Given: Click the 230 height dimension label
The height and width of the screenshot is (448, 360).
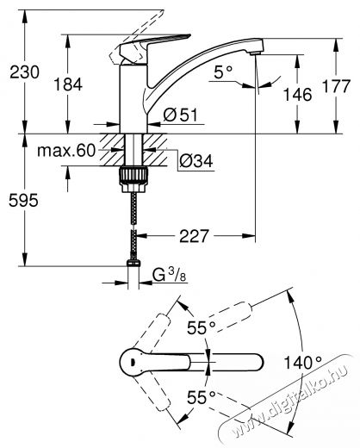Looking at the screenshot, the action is click(24, 72).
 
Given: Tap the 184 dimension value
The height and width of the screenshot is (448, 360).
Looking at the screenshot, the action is click(68, 84).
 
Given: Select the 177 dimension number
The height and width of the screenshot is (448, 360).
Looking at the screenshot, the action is click(336, 86).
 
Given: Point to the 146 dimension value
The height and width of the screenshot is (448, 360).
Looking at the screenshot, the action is click(297, 95).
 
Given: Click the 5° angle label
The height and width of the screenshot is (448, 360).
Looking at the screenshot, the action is click(223, 72).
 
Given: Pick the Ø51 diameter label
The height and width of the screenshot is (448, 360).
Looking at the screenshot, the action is click(181, 115).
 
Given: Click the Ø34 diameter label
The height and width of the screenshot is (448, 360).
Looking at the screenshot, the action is click(196, 160).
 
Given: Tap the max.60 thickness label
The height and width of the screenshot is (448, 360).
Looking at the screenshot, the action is click(66, 151).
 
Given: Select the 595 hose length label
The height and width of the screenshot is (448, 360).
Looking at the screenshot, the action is click(23, 200).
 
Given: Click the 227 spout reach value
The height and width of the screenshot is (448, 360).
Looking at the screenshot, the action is click(194, 236).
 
